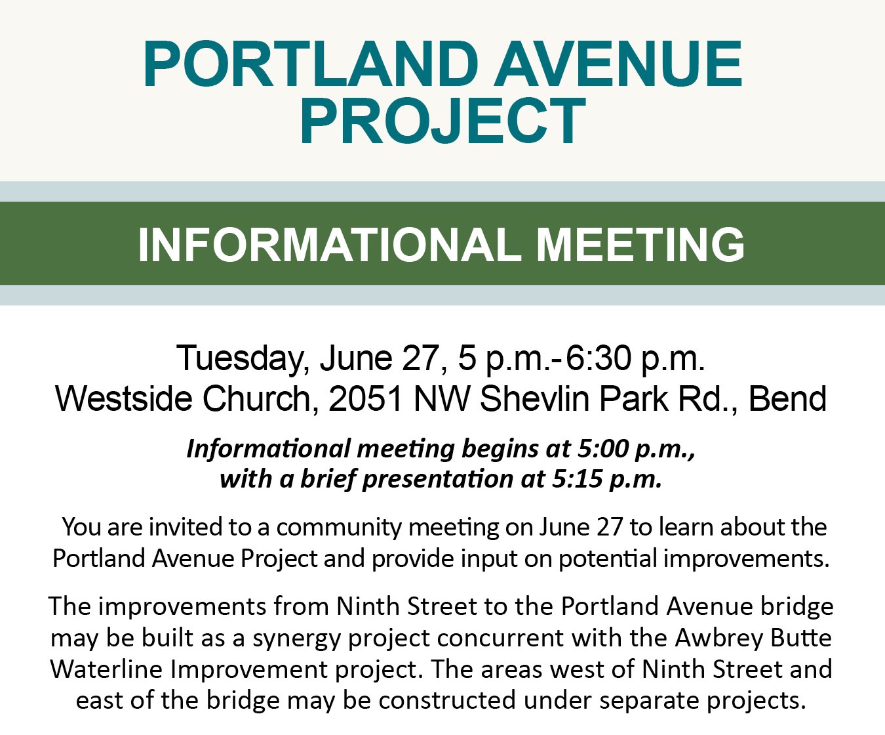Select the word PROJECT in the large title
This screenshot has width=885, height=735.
pos(442,121)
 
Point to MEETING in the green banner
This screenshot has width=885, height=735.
pos(640,244)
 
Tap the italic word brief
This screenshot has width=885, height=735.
pos(328,479)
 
